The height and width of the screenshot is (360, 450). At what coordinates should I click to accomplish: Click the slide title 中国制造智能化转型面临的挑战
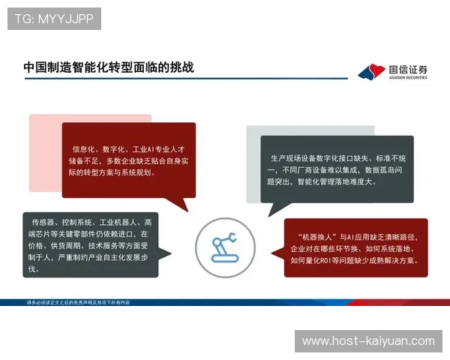click(x=109, y=67)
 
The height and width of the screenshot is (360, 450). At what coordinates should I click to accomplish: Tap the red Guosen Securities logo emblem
click(x=370, y=72)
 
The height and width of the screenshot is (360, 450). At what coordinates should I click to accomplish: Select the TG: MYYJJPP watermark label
click(x=54, y=19)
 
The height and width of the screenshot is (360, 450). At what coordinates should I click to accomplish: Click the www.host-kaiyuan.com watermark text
click(x=368, y=341)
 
